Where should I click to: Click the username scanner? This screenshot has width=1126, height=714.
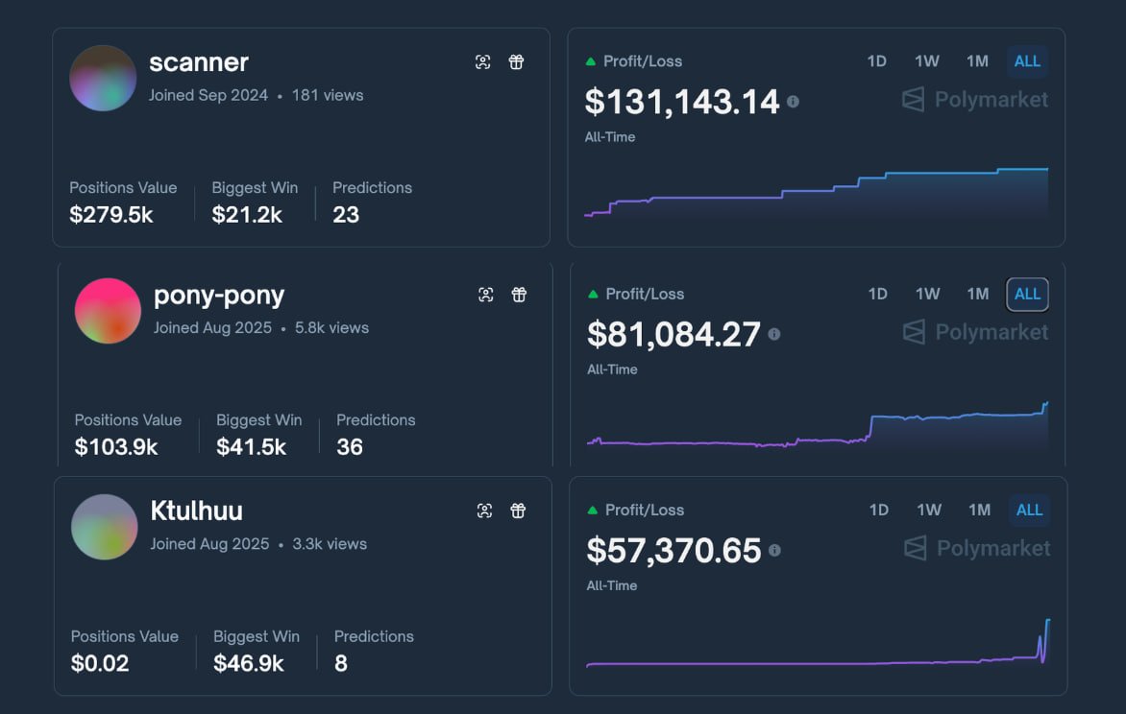199,62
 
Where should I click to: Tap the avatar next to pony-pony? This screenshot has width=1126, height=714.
108,311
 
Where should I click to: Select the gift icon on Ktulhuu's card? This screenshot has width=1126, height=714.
518,511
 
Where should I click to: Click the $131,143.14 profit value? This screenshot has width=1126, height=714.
682,102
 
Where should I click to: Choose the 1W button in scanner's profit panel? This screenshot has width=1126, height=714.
927,61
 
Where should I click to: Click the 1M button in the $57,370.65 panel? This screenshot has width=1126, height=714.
979,511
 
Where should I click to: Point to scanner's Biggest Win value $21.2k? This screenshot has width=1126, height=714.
247,215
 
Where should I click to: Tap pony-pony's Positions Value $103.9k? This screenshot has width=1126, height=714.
116,447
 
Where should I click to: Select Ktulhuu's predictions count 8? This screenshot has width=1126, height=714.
341,663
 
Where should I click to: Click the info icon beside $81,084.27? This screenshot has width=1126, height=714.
774,334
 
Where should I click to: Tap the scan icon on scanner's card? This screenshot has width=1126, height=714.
483,62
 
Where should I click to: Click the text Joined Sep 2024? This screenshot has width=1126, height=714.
208,95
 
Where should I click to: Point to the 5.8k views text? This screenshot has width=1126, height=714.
331,327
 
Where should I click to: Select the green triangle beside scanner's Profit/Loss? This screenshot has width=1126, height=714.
591,61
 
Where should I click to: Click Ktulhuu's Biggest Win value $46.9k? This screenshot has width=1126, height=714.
249,663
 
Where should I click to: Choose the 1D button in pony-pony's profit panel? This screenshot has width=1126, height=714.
878,294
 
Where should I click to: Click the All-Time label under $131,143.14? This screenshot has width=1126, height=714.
610,137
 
